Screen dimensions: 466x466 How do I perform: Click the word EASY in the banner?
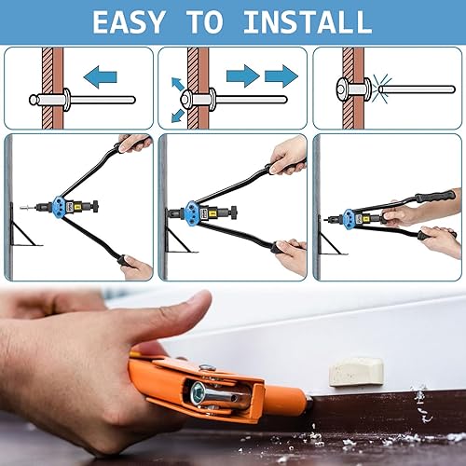coord(129,21)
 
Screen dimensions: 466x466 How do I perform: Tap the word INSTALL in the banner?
coord(308,21)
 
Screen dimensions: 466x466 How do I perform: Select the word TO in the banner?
coord(206,21)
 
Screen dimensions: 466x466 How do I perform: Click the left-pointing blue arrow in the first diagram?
coord(101,76)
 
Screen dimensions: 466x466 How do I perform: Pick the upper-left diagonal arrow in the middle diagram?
coord(178,84)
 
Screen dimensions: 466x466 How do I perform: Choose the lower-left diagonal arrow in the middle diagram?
coord(178,116)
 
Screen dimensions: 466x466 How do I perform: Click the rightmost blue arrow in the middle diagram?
coord(281,76)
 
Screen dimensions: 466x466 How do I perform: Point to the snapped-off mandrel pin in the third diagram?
coord(417,89)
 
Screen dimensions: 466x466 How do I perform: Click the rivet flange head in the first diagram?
coord(67,100)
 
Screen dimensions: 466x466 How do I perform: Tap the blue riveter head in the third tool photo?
coord(349,217)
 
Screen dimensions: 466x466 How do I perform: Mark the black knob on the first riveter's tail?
coord(95,205)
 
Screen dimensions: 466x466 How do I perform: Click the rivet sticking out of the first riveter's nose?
coord(28,207)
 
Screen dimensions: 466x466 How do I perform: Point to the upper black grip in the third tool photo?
coord(435,196)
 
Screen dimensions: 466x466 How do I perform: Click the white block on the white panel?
coord(356,372)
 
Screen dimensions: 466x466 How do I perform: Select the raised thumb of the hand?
coord(174,317)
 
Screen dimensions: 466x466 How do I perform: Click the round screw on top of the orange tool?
coord(207,368)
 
